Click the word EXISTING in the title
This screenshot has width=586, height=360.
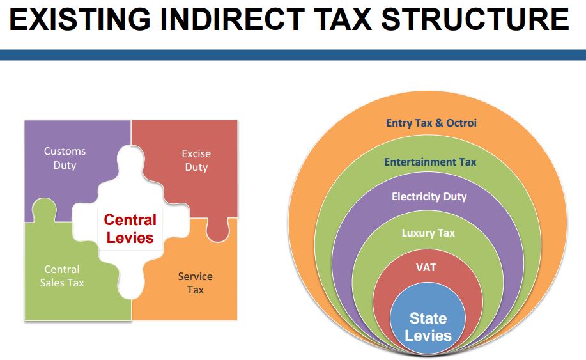[x=80, y=19]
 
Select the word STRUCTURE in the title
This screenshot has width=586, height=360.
[x=475, y=19]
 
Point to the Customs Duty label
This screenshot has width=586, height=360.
[x=65, y=158]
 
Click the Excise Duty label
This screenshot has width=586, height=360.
[x=196, y=160]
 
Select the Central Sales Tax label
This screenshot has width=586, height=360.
[x=62, y=276]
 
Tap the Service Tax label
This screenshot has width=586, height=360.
[x=195, y=283]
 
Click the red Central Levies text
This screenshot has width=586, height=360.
[x=130, y=229]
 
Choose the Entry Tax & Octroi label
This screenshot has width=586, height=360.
[x=431, y=123]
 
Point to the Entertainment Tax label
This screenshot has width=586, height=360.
[x=430, y=162]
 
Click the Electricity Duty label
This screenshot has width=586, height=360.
[x=429, y=197]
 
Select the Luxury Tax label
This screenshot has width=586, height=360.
[x=428, y=233]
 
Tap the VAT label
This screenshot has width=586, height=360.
[x=426, y=268]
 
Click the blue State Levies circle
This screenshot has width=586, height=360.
[x=428, y=318]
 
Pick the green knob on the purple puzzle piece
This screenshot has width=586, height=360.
[x=45, y=209]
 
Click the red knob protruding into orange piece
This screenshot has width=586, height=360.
[x=218, y=230]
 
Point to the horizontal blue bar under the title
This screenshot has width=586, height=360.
[x=293, y=55]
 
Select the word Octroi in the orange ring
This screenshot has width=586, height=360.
[x=461, y=123]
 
